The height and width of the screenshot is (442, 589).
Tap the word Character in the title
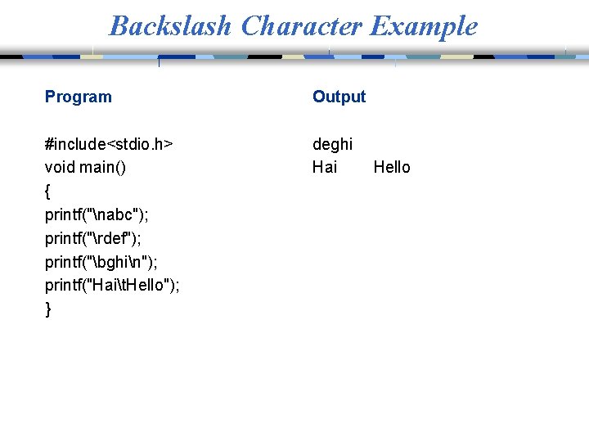(x=300, y=26)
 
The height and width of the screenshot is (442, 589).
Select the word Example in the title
(x=423, y=26)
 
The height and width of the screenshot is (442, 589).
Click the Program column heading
(x=79, y=97)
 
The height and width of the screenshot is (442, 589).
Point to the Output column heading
(x=339, y=97)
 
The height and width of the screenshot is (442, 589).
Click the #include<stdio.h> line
(x=109, y=144)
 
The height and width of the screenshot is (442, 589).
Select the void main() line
(x=86, y=168)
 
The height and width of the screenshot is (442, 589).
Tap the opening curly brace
(x=48, y=192)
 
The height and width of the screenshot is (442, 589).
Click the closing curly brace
(x=48, y=309)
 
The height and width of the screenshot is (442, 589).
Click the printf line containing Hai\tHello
(x=113, y=286)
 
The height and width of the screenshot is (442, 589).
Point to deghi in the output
(x=332, y=144)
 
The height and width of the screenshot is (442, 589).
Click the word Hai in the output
(x=325, y=168)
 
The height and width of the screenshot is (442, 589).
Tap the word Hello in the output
(x=392, y=168)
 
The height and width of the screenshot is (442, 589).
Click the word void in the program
(x=61, y=168)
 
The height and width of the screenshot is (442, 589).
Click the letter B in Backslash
(x=119, y=26)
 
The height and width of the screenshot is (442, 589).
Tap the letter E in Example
(x=378, y=26)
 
